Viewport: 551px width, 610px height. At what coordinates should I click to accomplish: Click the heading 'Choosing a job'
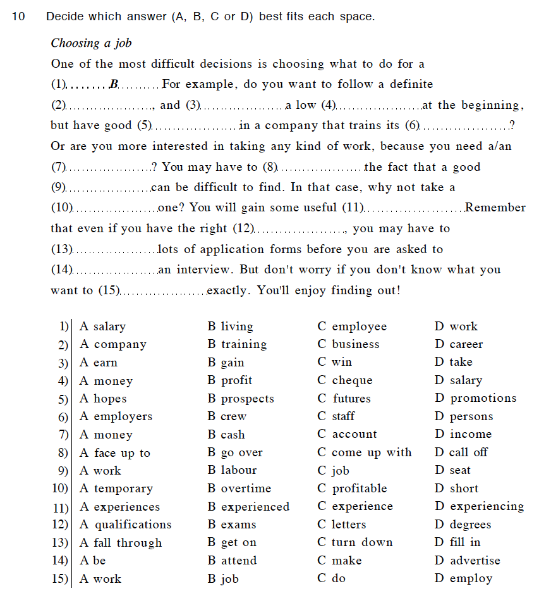[91, 43]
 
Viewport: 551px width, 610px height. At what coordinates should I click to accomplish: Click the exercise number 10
[18, 16]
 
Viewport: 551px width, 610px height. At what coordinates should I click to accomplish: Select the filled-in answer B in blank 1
[114, 84]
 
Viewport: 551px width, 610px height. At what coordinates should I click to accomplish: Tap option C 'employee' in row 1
[352, 327]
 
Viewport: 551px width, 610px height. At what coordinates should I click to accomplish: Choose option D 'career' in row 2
[459, 345]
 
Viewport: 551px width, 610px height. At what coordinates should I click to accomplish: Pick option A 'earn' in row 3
[99, 363]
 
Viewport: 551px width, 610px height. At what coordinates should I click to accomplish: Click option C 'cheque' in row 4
[345, 380]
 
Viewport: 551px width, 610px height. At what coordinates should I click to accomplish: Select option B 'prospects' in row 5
[241, 399]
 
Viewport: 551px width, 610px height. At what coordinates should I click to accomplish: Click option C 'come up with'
[365, 452]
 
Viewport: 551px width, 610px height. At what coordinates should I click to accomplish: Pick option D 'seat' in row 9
[452, 470]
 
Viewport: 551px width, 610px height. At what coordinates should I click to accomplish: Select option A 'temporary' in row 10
[116, 489]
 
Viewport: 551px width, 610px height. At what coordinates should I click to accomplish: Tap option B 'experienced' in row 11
[248, 507]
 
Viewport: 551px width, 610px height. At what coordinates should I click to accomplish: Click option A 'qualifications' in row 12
[126, 525]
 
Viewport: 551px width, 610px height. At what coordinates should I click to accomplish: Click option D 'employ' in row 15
[463, 578]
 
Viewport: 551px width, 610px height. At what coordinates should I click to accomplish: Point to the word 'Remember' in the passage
[495, 208]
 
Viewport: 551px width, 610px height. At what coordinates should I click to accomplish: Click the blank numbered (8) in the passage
[322, 168]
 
